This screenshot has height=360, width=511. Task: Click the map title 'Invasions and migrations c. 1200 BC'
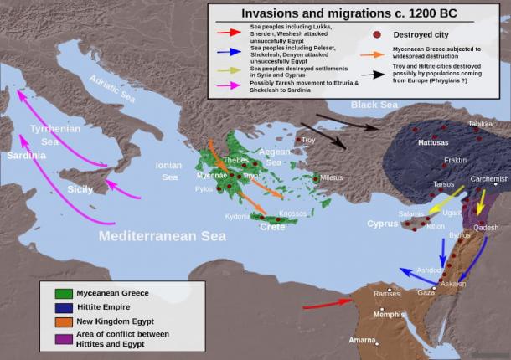tap(358, 13)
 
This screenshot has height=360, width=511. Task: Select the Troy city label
tap(308, 140)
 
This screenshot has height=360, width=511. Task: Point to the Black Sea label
tap(374, 105)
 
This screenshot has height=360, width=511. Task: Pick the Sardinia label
tap(27, 156)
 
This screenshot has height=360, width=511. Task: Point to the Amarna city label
tap(362, 341)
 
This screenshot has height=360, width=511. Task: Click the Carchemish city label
tap(489, 179)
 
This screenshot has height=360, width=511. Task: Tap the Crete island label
tap(272, 227)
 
